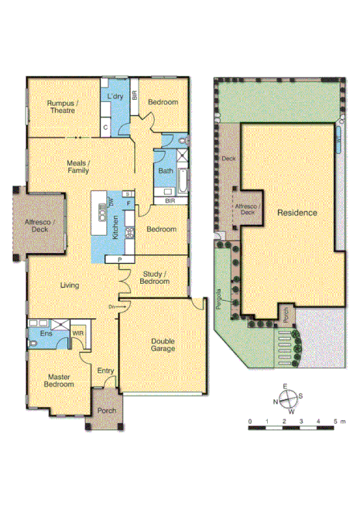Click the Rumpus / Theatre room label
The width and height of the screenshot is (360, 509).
(60, 107)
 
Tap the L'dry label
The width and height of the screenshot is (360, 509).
(115, 97)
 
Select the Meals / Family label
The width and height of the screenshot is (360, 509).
(77, 166)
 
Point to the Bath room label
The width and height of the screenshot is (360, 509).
(165, 170)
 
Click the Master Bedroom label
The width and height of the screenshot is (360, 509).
(59, 381)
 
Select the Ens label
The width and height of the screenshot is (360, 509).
(36, 334)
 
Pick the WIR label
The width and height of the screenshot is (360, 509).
(77, 334)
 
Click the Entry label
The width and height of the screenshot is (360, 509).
(105, 371)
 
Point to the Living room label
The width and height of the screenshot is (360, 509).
(70, 286)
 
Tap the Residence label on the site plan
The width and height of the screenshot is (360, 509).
(297, 212)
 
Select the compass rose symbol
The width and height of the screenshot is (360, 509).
(287, 401)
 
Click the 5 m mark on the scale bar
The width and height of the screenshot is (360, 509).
(336, 422)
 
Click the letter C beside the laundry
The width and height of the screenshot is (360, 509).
(105, 127)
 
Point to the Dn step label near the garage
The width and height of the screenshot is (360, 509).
(111, 306)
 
